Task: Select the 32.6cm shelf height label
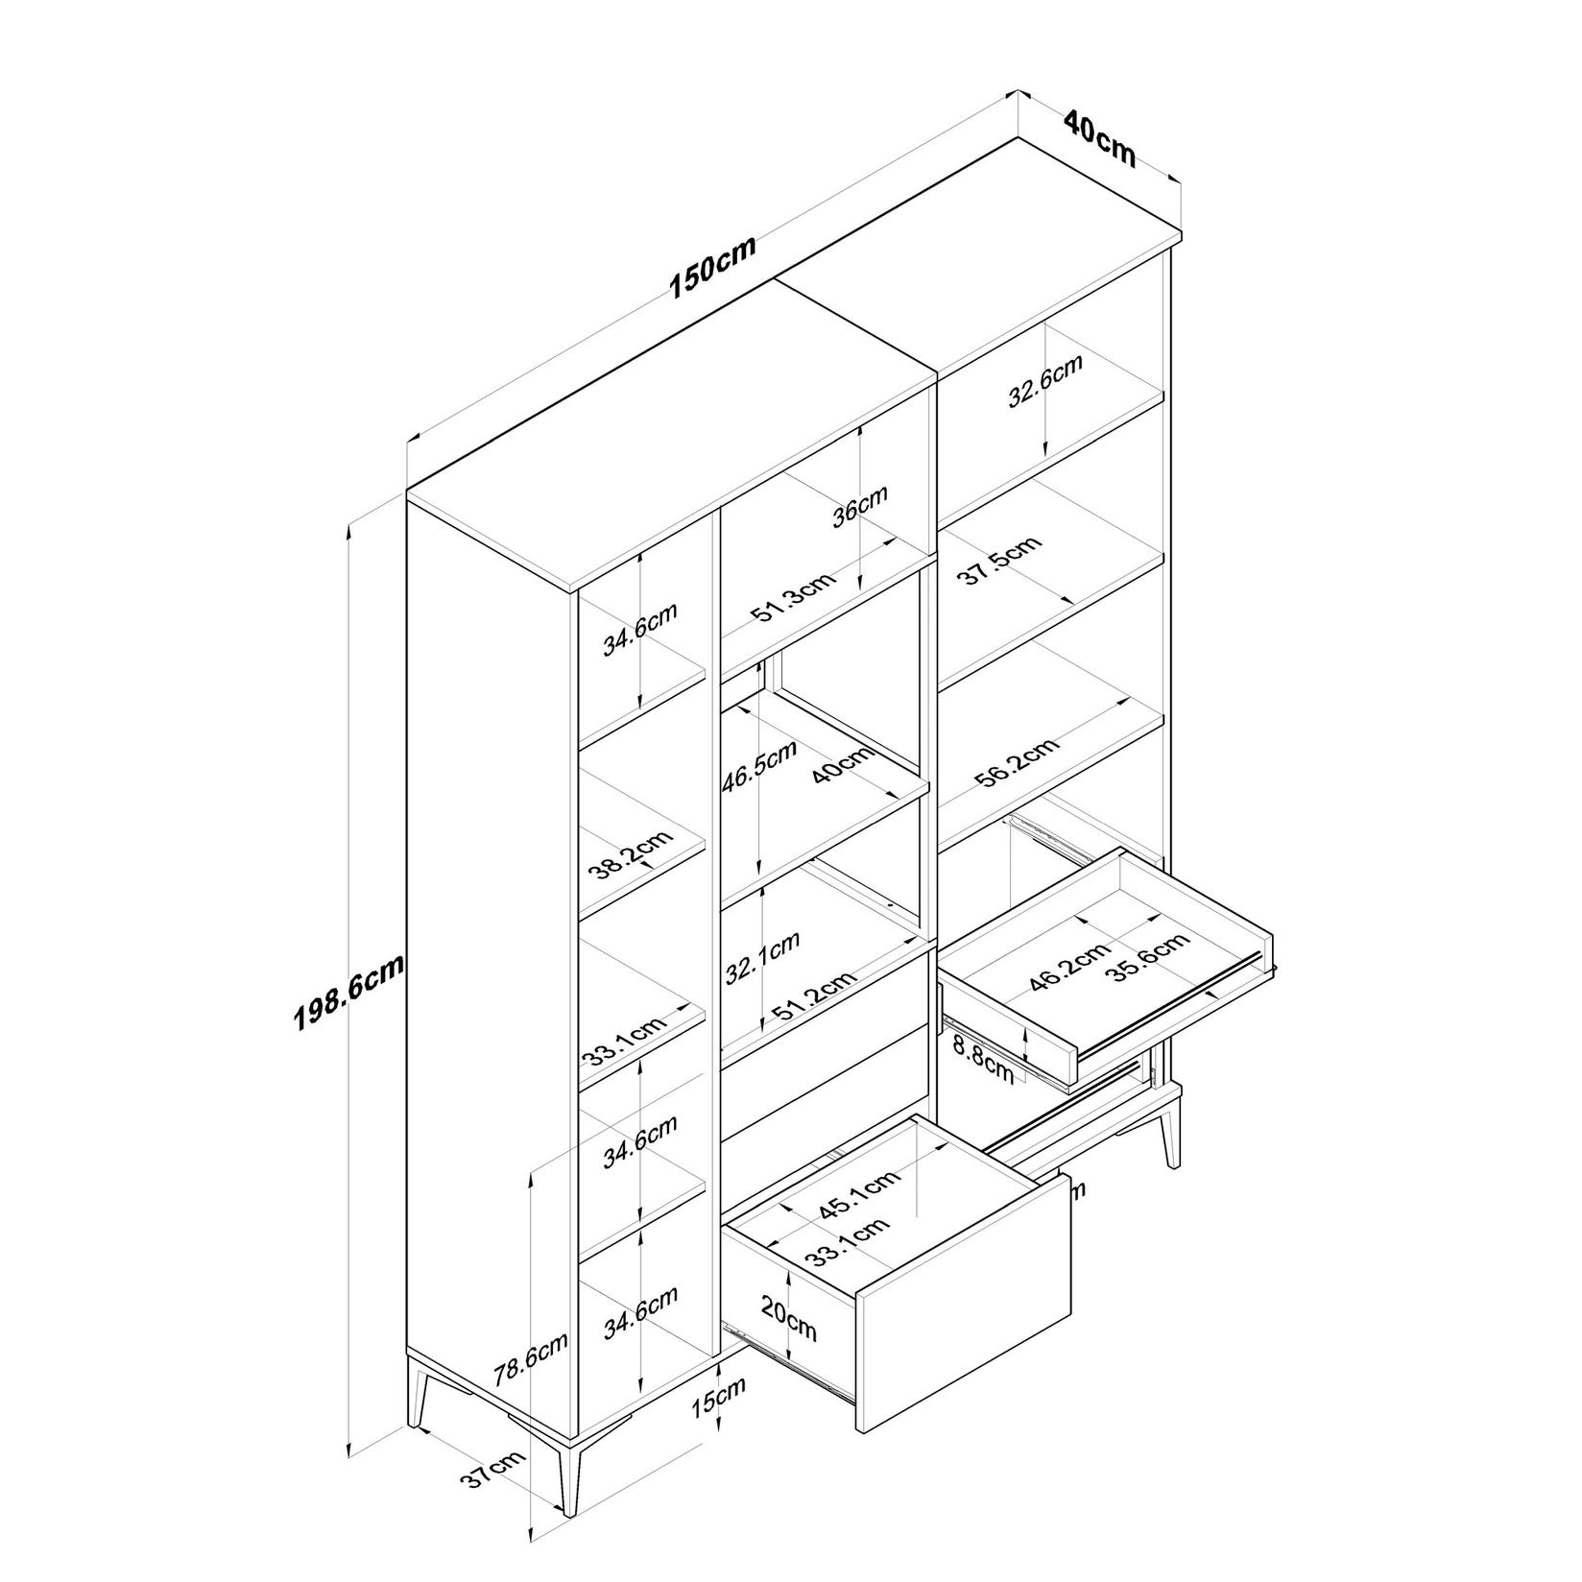pyautogui.click(x=1044, y=381)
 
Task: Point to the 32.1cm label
pyautogui.click(x=762, y=958)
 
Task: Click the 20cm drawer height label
pyautogui.click(x=788, y=1317)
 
